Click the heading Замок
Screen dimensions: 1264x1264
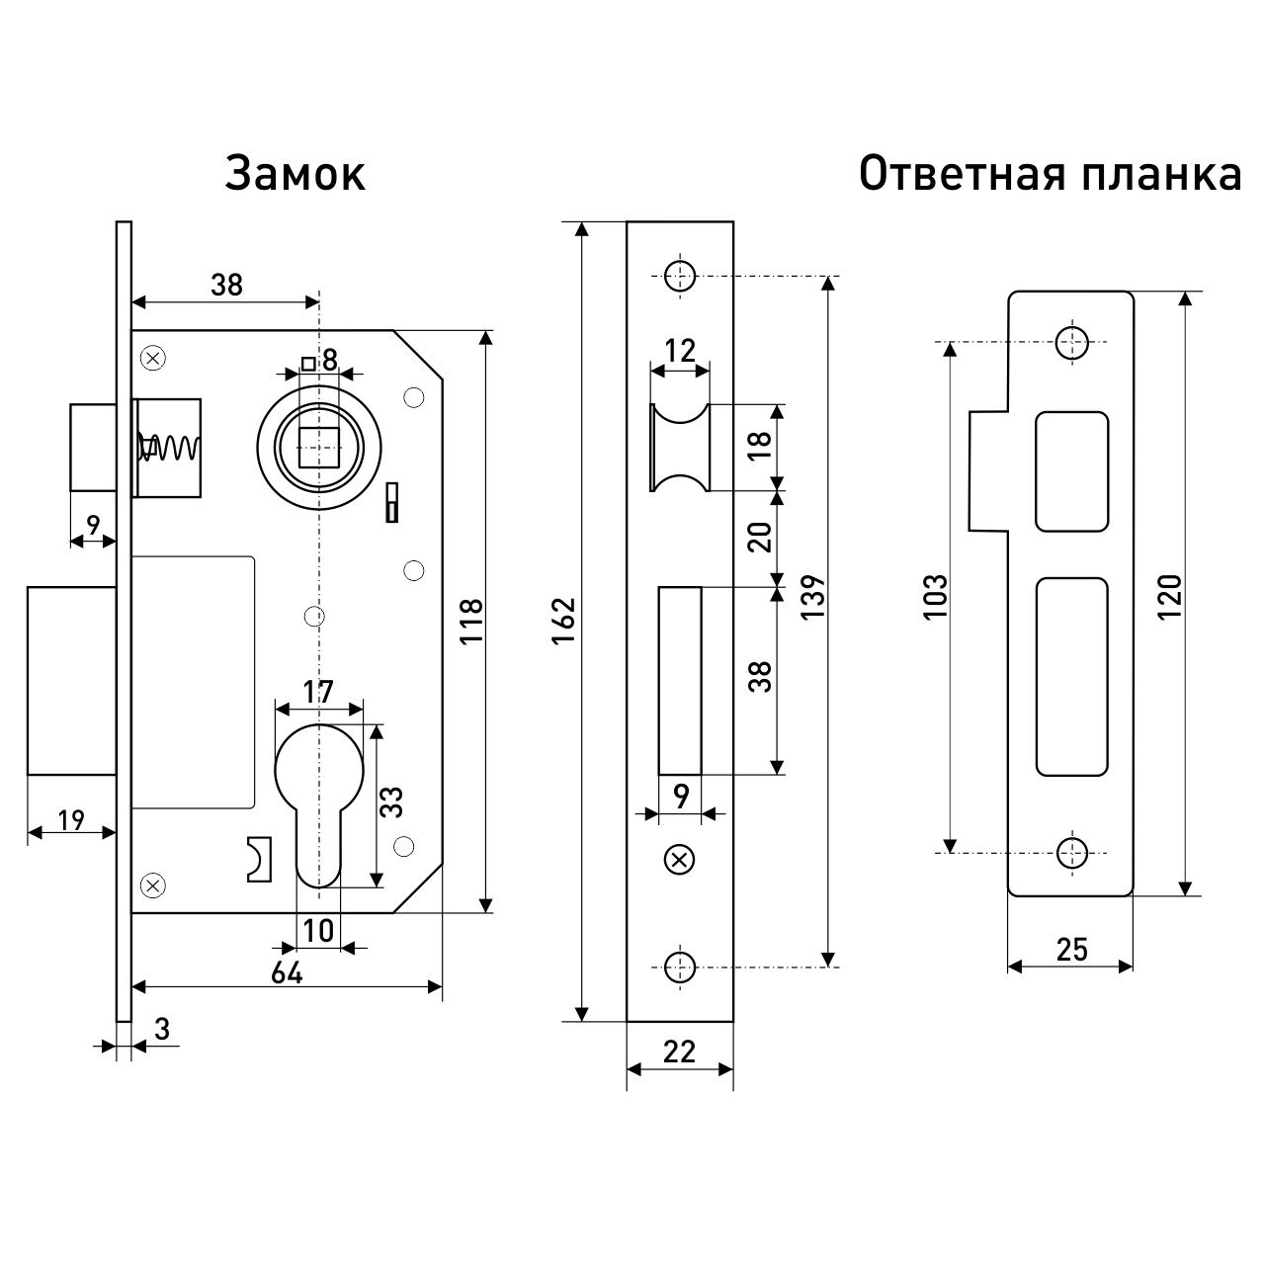coord(295,174)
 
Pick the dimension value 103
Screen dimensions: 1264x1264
coord(934,596)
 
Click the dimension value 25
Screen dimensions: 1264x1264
coord(1070,950)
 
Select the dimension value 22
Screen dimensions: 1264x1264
coord(680,1052)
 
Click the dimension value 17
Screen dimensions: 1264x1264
coord(318,692)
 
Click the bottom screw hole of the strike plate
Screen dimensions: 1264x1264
coord(1070,850)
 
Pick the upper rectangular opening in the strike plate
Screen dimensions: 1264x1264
coord(1071,471)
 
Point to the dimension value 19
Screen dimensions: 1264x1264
coord(71,819)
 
